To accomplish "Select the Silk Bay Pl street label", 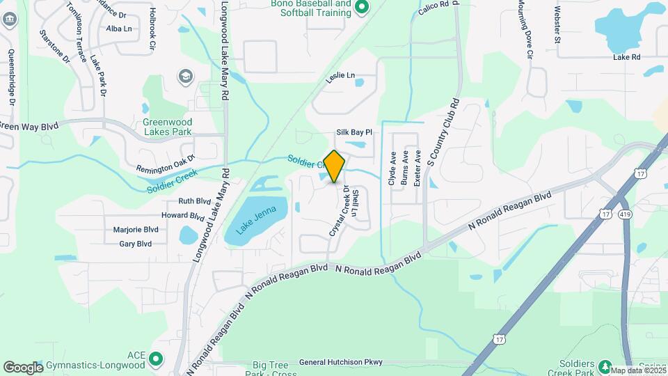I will pos(355,132).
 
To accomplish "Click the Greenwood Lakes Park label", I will pos(168,126).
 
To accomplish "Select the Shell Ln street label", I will pos(355,203).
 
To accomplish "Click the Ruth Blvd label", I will pos(195,201).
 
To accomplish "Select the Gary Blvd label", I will pos(136,244).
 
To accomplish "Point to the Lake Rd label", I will pos(626,57).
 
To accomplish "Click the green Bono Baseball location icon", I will pos(361,8).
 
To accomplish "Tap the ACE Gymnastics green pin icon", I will pos(156,359).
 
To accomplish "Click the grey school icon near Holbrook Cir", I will pos(185,75).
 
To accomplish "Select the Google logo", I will pos(23,367).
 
